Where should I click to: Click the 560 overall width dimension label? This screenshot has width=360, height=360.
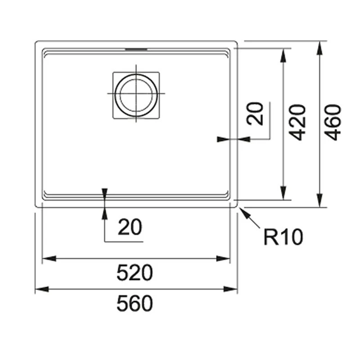pos(135,304)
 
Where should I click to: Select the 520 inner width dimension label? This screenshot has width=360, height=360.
pos(135,273)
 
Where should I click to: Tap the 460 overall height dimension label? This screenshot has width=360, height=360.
pos(333,122)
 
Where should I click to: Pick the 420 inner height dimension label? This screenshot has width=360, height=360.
pos(297,122)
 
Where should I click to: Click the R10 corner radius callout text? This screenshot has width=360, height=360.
pos(283,237)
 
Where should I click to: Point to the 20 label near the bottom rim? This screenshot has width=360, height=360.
pos(130,228)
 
